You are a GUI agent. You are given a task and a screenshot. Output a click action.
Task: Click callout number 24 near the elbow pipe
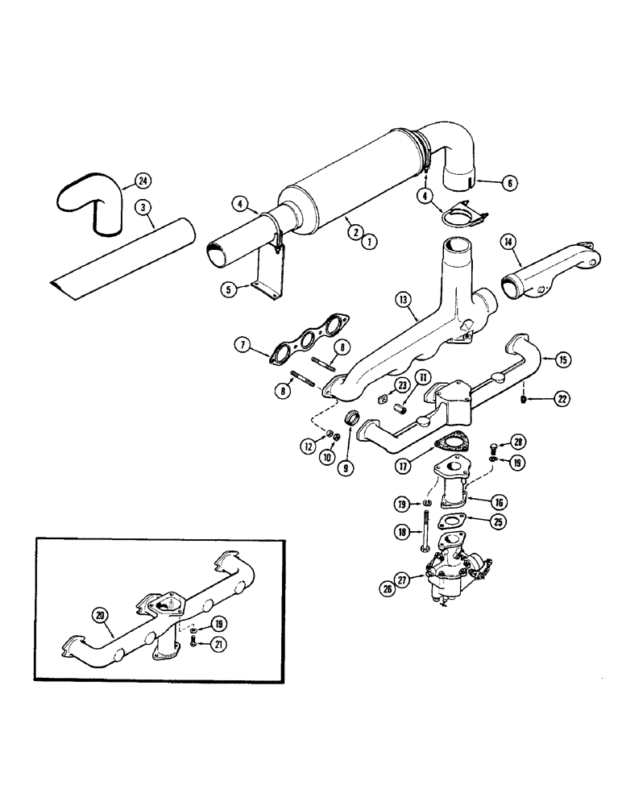point(143,181)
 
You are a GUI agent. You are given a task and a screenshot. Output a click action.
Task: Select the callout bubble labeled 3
point(143,208)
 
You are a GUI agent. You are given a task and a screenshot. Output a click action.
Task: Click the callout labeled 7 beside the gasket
point(242,346)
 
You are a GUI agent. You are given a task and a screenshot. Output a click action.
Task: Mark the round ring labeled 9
point(351,420)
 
